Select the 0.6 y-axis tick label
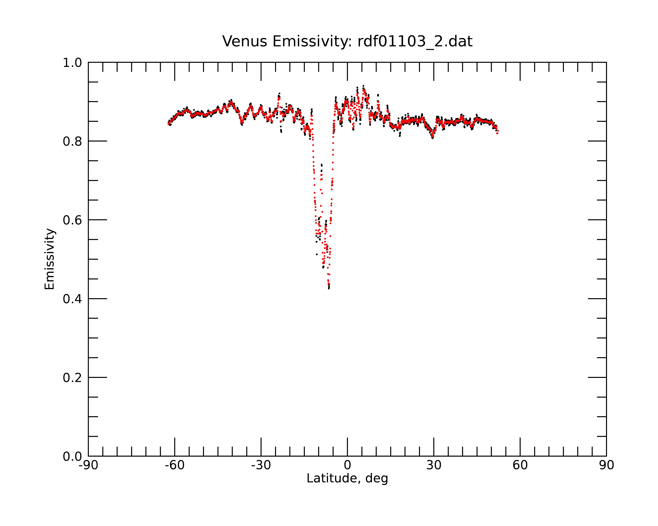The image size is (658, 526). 72,220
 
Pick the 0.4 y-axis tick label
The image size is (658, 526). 72,299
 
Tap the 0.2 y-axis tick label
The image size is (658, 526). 72,378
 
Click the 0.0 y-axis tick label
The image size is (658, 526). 72,456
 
